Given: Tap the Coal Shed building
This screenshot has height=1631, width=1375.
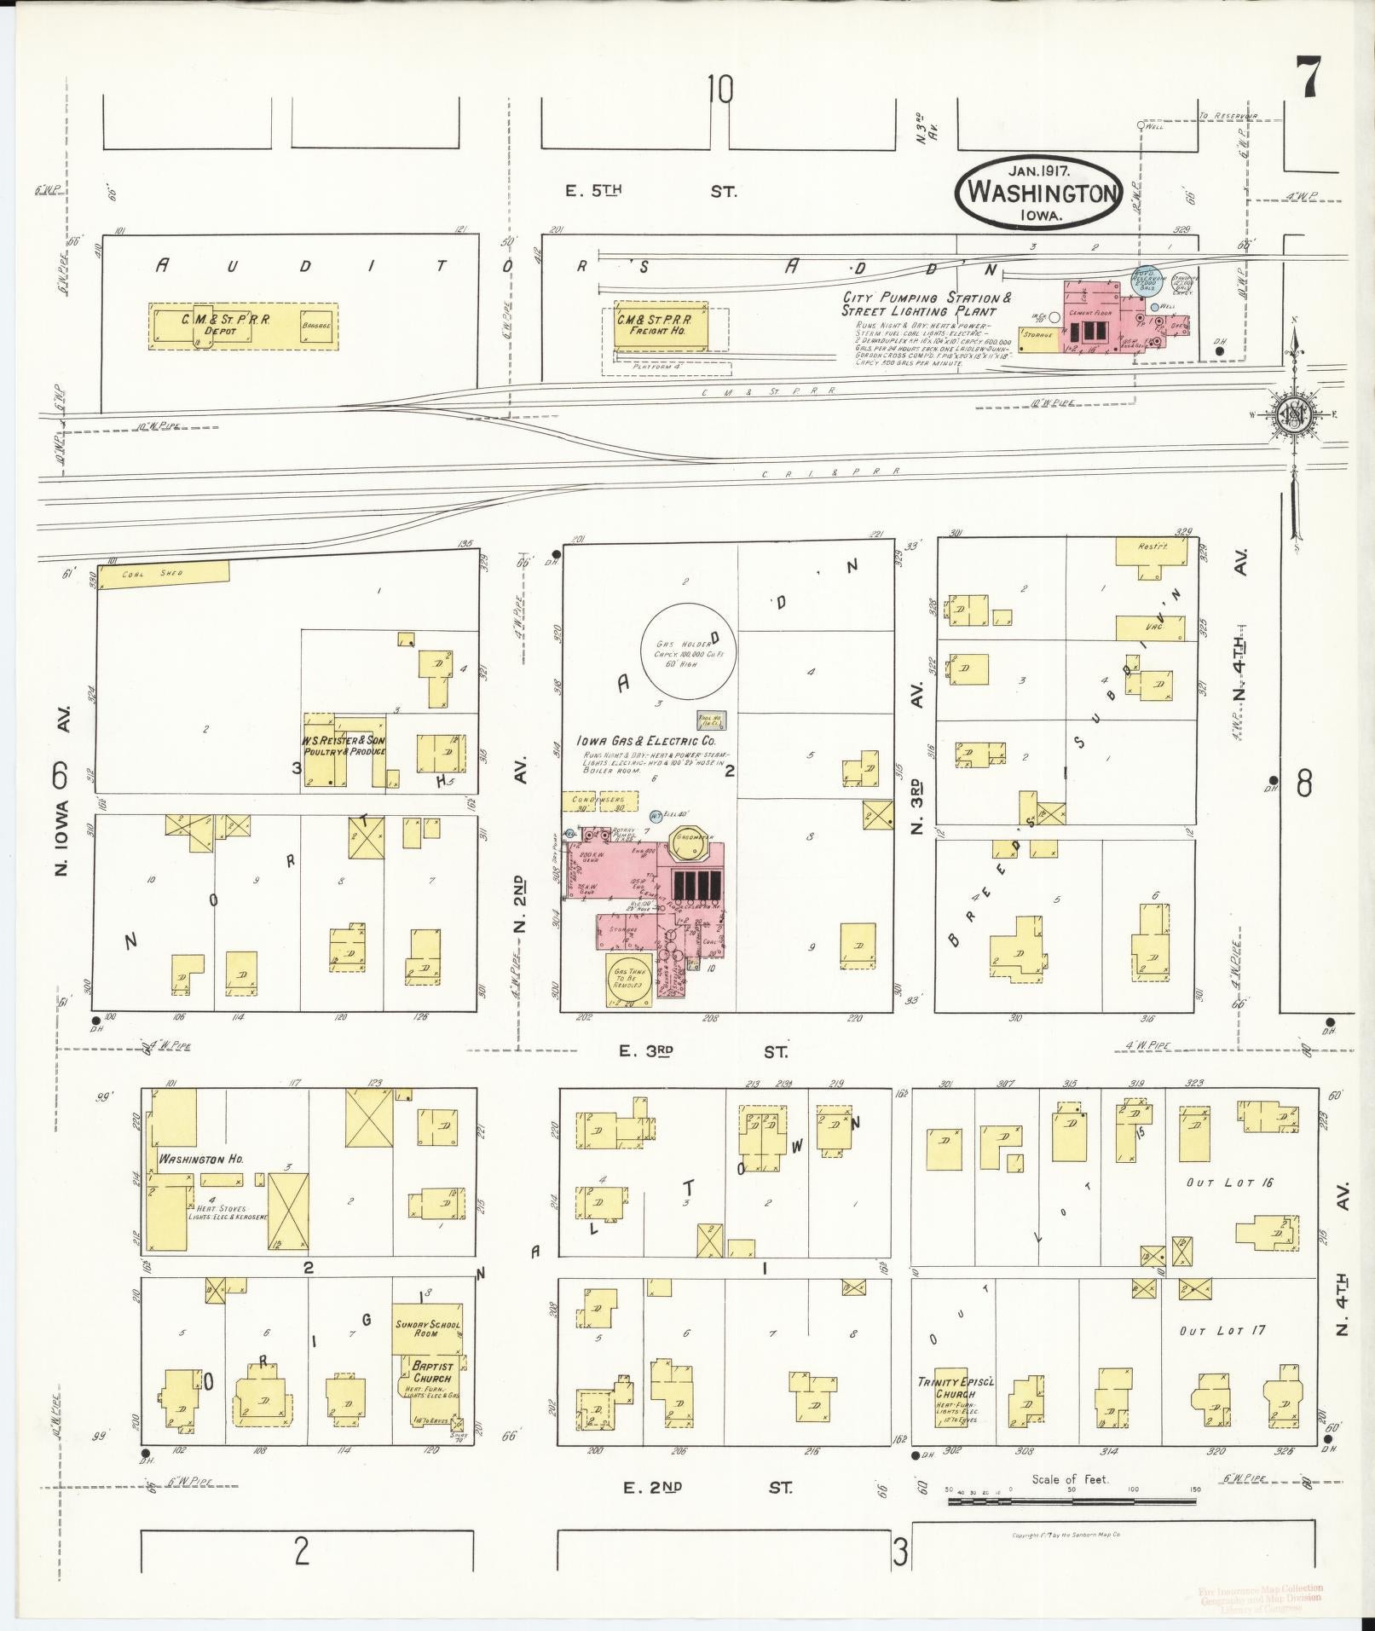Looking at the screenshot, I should point(163,574).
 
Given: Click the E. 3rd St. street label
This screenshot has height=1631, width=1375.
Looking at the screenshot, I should point(702,1052).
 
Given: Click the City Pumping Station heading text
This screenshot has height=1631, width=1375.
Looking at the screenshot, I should point(927,304).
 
